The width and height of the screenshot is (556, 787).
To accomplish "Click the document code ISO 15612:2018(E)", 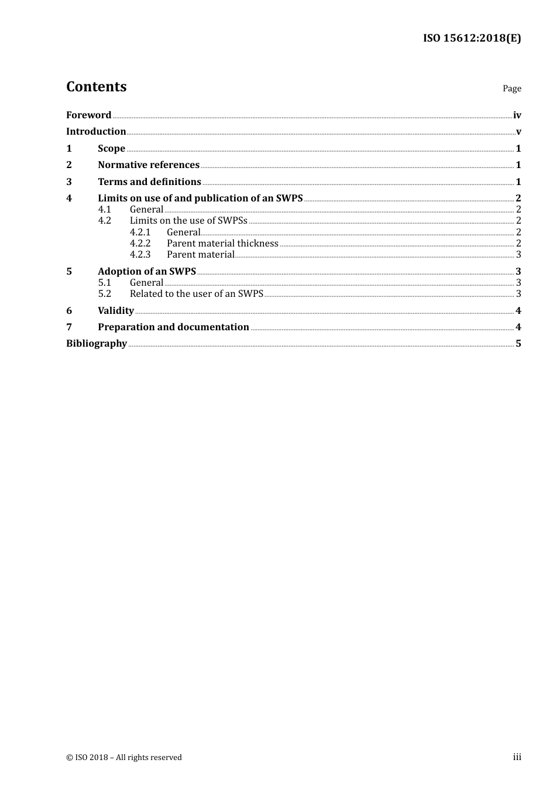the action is click(x=472, y=39).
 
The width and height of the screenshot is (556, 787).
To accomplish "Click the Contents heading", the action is click(x=96, y=87).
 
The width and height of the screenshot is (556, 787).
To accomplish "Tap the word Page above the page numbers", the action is click(x=512, y=88).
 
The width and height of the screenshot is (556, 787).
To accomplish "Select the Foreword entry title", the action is click(x=88, y=115).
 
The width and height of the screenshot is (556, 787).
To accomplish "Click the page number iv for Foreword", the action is click(x=517, y=115).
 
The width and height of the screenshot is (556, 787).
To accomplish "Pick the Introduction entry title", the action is click(x=96, y=132).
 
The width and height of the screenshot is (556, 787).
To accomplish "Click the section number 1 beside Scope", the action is click(x=69, y=149).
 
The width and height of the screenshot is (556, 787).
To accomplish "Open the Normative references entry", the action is click(x=149, y=165).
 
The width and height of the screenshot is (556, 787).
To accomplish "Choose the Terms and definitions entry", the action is click(x=149, y=182).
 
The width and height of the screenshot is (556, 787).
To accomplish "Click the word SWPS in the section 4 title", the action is click(x=289, y=199).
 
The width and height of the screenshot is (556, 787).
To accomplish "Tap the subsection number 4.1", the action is click(x=104, y=210).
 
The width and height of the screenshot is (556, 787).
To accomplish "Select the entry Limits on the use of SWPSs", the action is click(x=188, y=221).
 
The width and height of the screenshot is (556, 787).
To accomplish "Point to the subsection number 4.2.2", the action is click(x=140, y=244).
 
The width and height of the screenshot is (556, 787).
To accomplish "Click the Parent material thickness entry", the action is click(x=222, y=244).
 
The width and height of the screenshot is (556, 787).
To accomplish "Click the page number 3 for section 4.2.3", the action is click(x=519, y=255).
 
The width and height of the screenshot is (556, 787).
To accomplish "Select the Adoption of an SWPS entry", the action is click(x=147, y=272).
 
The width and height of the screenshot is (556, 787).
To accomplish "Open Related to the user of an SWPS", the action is click(x=196, y=294).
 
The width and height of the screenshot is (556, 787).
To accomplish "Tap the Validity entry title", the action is click(x=116, y=311).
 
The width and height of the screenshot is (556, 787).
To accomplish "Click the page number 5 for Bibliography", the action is click(x=519, y=344).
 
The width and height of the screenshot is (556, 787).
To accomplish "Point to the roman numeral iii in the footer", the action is click(x=517, y=757).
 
